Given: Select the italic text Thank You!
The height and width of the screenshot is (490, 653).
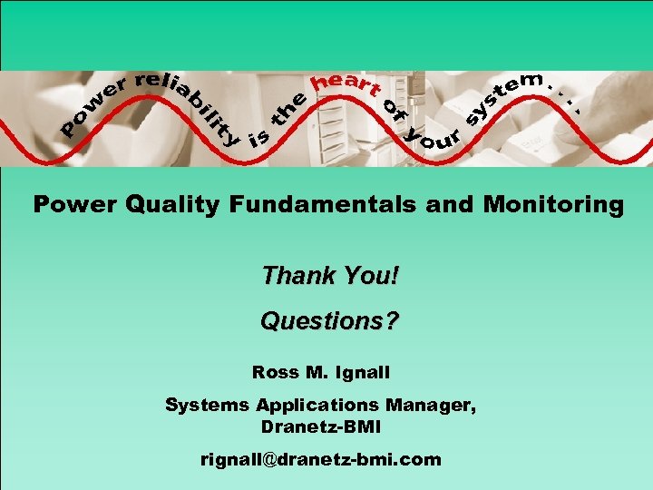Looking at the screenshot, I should coord(329,274).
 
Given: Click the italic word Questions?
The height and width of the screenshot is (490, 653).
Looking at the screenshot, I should coord(329,321).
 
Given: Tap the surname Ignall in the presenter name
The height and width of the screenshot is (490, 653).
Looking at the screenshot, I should coord(370,372).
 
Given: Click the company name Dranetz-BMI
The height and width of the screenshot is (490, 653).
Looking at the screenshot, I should coord(322,426).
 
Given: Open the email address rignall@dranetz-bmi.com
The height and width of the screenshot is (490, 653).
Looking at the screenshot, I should coord(321,459).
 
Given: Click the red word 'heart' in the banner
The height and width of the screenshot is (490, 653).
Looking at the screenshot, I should coord(345,83).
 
